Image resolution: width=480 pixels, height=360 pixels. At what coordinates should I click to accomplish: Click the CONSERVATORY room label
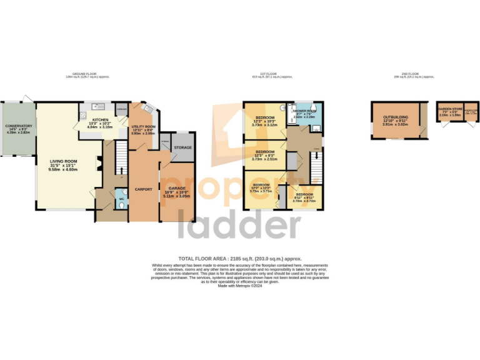[x=19, y=126]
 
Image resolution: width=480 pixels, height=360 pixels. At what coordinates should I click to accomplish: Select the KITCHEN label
[x=101, y=119]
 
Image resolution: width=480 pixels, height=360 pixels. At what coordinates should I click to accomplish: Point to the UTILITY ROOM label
[x=142, y=127]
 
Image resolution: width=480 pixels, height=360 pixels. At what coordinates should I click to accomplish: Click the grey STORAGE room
[x=182, y=147]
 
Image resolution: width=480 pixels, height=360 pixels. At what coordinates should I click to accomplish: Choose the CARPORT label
[x=144, y=189]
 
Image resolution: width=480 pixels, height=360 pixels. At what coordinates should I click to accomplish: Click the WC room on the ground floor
[x=122, y=202]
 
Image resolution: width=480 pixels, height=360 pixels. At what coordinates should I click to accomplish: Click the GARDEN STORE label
[x=450, y=108]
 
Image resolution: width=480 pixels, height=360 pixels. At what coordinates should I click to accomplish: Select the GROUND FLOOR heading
[x=87, y=74]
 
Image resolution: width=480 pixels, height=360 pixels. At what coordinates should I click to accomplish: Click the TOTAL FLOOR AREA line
[x=240, y=258]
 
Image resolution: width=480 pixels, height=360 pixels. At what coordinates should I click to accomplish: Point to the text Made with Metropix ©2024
[x=240, y=286]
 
